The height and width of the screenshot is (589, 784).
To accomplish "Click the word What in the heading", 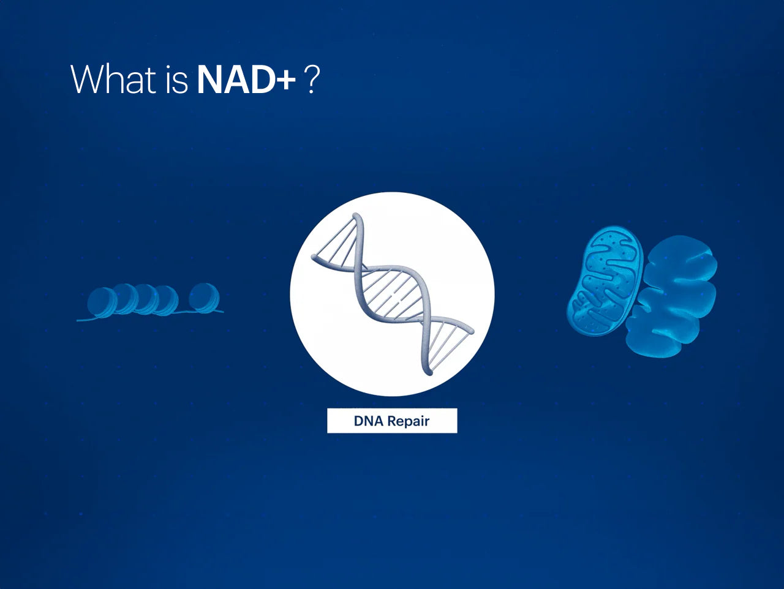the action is pyautogui.click(x=113, y=79).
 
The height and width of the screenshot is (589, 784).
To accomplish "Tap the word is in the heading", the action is pyautogui.click(x=176, y=79).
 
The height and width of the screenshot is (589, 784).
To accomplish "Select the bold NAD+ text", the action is pyautogui.click(x=246, y=79).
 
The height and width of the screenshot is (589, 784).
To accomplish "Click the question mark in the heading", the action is pyautogui.click(x=311, y=79).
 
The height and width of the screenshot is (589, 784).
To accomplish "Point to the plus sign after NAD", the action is pyautogui.click(x=285, y=81).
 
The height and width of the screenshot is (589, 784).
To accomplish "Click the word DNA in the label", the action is pyautogui.click(x=369, y=421).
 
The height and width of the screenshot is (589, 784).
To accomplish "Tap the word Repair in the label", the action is pyautogui.click(x=409, y=422).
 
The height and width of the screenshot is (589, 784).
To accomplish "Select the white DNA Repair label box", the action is pyautogui.click(x=392, y=421).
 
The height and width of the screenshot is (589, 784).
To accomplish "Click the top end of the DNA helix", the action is pyautogui.click(x=356, y=216).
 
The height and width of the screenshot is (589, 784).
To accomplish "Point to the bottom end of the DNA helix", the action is pyautogui.click(x=428, y=372).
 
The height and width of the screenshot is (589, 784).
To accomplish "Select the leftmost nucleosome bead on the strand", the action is pyautogui.click(x=101, y=302).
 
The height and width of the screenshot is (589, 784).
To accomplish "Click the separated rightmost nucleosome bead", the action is pyautogui.click(x=205, y=298).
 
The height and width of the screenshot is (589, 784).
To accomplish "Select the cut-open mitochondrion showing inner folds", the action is pyautogui.click(x=605, y=280).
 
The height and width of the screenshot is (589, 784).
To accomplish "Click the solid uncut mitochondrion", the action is pyautogui.click(x=671, y=296).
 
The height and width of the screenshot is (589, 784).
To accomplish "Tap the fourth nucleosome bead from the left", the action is pyautogui.click(x=166, y=301).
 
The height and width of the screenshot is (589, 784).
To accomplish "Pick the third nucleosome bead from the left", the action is pyautogui.click(x=145, y=299).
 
